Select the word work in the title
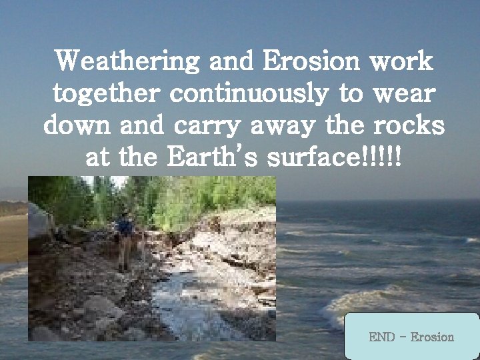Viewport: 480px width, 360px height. (x=403, y=63)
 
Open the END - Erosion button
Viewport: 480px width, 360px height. (x=411, y=337)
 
